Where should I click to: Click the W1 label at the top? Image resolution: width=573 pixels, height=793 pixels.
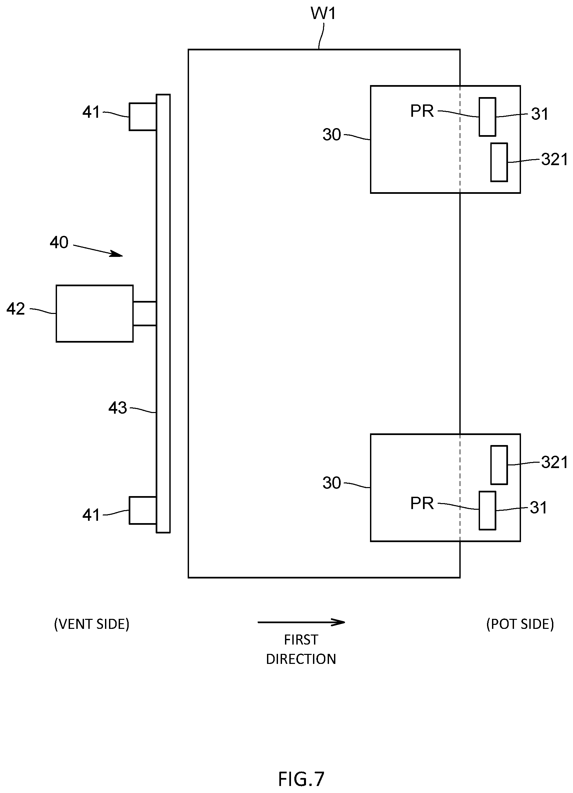pyautogui.click(x=324, y=14)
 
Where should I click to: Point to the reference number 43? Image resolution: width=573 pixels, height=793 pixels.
pyautogui.click(x=118, y=408)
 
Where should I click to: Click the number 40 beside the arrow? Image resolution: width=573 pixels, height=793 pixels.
pyautogui.click(x=59, y=242)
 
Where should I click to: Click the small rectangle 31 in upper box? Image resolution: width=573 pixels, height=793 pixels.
pyautogui.click(x=487, y=117)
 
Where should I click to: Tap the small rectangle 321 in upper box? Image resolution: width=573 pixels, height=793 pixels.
pyautogui.click(x=499, y=162)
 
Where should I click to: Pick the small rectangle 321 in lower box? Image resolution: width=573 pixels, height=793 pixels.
pyautogui.click(x=499, y=465)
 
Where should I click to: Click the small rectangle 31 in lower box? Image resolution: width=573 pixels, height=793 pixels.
pyautogui.click(x=487, y=510)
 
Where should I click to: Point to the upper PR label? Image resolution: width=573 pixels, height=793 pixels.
pyautogui.click(x=422, y=111)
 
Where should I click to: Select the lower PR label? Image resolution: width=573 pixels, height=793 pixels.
pyautogui.click(x=422, y=503)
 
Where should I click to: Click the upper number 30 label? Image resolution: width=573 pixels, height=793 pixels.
pyautogui.click(x=332, y=135)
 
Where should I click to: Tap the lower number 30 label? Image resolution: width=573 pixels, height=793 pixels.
pyautogui.click(x=332, y=483)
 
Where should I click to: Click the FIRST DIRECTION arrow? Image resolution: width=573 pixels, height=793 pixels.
pyautogui.click(x=301, y=622)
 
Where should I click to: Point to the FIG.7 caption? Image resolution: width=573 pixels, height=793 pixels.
pyautogui.click(x=301, y=779)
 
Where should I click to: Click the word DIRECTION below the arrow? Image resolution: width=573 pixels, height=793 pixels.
pyautogui.click(x=301, y=659)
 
